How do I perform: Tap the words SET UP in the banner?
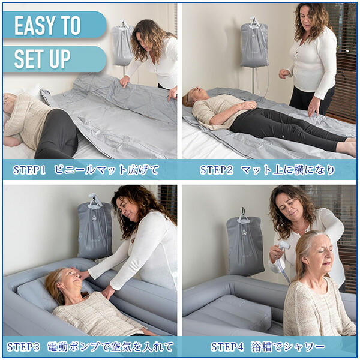click(43, 59)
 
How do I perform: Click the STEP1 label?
click(29, 170)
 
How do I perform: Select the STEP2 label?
click(216, 170)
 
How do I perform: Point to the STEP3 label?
click(23, 347)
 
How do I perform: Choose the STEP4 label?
click(227, 347)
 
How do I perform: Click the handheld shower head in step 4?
click(284, 246)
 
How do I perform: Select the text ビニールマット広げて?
click(107, 170)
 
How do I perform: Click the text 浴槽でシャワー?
click(288, 347)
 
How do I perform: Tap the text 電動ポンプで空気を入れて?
click(110, 347)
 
